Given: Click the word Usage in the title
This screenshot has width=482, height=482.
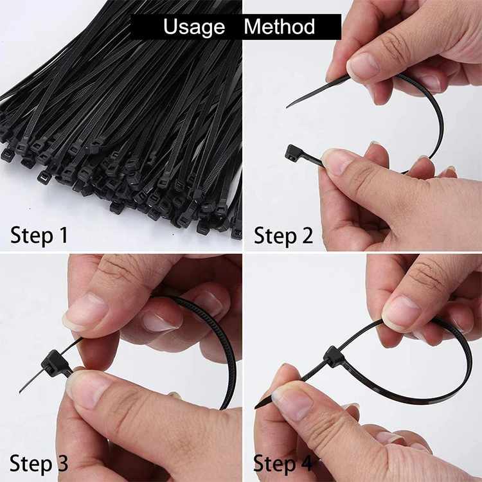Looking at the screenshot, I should point(193,27).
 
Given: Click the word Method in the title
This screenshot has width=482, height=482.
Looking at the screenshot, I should point(280,27).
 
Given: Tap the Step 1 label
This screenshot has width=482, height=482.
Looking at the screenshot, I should point(39,235).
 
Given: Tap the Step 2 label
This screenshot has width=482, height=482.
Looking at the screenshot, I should point(283,235).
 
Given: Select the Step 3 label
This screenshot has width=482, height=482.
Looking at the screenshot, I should point(39,463).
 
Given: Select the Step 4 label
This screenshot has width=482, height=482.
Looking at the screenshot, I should point(283,463).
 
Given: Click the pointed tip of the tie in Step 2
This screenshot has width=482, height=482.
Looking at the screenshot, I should point(289,106).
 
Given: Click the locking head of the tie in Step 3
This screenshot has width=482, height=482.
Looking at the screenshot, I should point(51,364).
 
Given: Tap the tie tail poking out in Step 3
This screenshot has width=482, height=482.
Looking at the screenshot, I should point(29,386).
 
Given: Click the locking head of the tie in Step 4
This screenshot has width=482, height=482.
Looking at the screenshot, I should point(334,355).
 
